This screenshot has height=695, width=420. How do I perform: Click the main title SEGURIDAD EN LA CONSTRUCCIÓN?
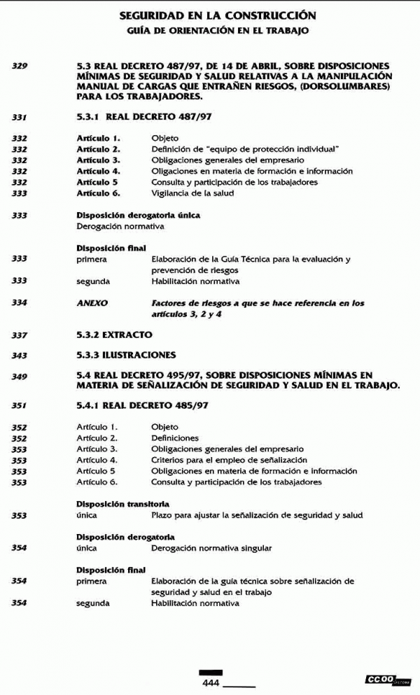coord(217,15)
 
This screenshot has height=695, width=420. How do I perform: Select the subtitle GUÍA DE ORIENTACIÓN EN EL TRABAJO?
coord(217,31)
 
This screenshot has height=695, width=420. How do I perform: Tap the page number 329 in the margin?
coord(20,66)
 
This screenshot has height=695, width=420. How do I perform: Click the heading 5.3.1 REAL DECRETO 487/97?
coord(143,117)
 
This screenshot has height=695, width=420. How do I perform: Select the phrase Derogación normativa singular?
coord(211,548)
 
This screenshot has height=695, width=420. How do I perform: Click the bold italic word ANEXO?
coord(92,304)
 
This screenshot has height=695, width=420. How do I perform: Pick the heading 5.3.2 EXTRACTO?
coord(114,335)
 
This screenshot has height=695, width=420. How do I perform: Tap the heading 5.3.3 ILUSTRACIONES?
coord(126,356)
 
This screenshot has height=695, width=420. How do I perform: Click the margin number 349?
coord(20,377)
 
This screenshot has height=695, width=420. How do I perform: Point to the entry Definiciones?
coord(174,438)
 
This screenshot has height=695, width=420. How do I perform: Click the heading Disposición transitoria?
coord(122,504)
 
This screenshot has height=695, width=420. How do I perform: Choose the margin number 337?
coord(20,336)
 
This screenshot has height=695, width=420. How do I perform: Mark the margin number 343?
coord(20,356)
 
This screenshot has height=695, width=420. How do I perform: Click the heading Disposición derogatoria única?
coord(138,216)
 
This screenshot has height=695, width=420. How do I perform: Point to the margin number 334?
coord(20,304)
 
